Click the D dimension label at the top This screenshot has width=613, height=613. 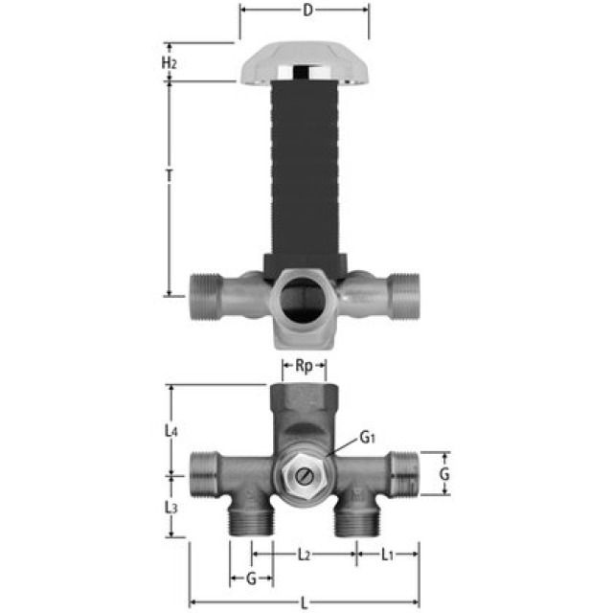[x=306, y=11]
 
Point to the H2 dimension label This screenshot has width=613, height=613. [x=169, y=63]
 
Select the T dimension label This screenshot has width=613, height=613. [x=169, y=177]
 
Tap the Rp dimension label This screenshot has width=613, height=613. [x=304, y=366]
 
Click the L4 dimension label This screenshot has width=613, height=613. [x=170, y=432]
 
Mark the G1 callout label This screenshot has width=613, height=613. [x=368, y=437]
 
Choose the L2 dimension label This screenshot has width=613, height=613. [x=303, y=555]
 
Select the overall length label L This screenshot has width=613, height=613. [x=305, y=602]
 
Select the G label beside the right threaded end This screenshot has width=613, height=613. [x=443, y=473]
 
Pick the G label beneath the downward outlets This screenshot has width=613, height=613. [x=251, y=579]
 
